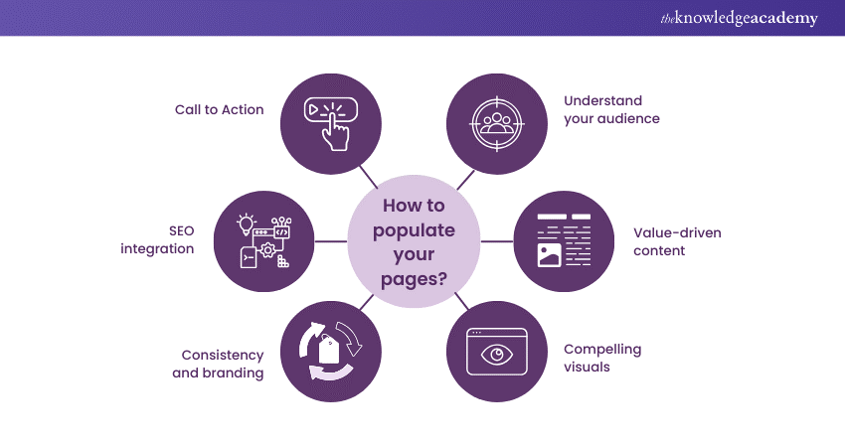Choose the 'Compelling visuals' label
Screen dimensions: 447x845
tap(602, 358)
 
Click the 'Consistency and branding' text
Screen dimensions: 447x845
tap(223, 364)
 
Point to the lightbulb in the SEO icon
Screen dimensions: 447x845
tap(247, 224)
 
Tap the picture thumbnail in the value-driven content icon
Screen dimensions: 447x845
tap(550, 254)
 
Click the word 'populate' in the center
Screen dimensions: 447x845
tap(416, 231)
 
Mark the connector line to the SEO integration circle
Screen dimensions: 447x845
tap(331, 240)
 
